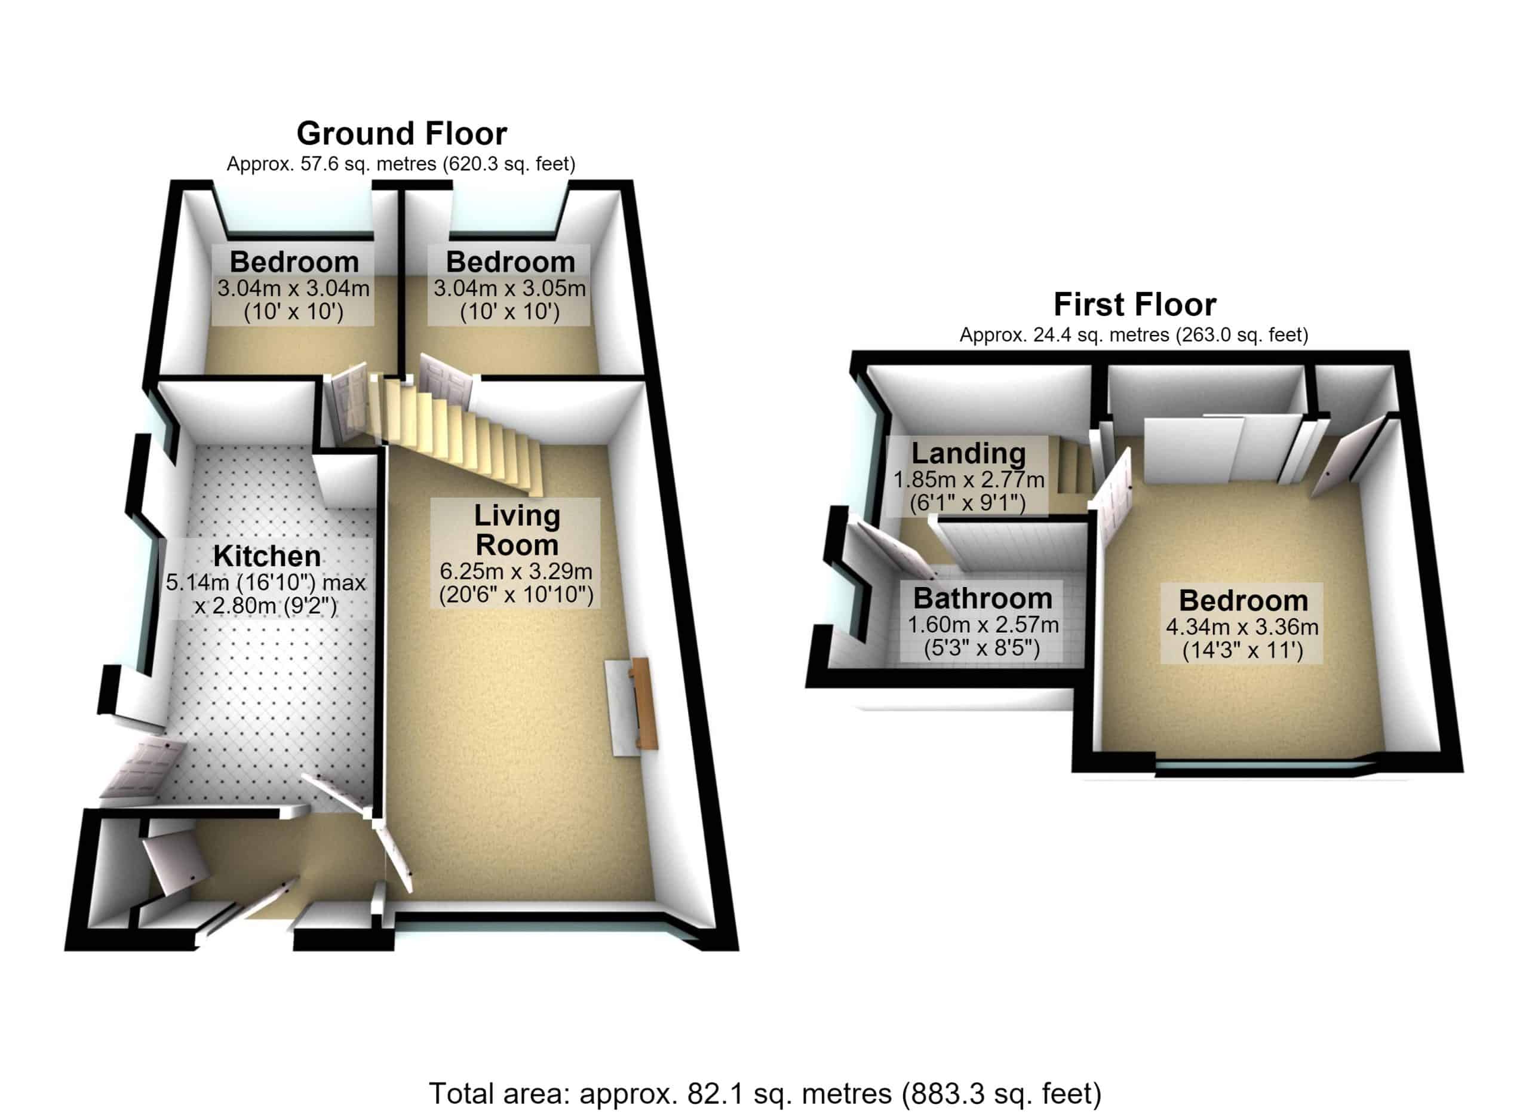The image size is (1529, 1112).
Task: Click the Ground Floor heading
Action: click(402, 133)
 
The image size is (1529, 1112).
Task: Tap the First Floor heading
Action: click(1135, 305)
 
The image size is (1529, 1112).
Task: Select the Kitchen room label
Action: click(267, 557)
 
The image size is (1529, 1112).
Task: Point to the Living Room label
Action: click(517, 530)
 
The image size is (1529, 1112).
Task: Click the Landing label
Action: click(969, 453)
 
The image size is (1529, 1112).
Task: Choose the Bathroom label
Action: click(983, 598)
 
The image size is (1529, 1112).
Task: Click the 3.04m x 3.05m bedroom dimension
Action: click(509, 288)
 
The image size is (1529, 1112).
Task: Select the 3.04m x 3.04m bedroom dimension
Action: click(293, 288)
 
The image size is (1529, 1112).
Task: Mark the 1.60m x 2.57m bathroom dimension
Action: click(983, 625)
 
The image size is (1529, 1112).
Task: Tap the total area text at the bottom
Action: click(765, 1093)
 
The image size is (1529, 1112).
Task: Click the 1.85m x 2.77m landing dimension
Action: click(969, 480)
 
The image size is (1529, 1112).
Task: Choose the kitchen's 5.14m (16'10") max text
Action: click(266, 583)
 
